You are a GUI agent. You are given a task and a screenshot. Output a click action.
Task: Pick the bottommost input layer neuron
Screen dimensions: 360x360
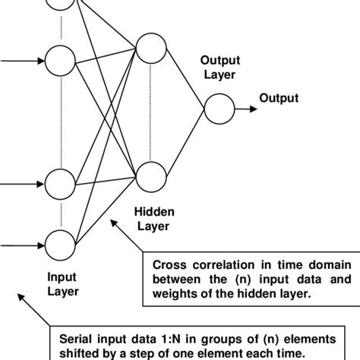pos(58,245)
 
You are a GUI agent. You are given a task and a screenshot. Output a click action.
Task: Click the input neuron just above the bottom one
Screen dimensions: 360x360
pos(58,184)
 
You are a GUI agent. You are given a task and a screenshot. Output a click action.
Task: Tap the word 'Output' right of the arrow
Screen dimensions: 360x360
pos(279,98)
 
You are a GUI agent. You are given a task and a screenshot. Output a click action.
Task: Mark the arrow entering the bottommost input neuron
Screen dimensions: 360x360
pos(23,245)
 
